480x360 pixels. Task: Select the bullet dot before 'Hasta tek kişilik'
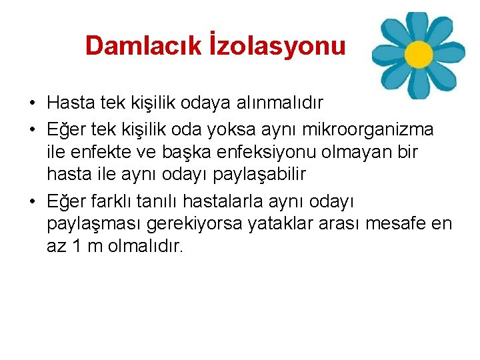pyautogui.click(x=31, y=105)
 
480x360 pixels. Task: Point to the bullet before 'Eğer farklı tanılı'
pyautogui.click(x=31, y=201)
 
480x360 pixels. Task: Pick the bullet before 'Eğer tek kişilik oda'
pyautogui.click(x=31, y=129)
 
